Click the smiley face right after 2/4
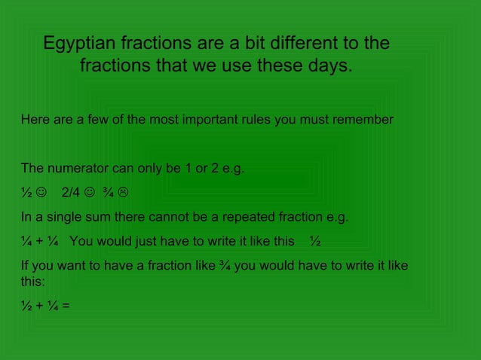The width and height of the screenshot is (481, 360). coord(90,193)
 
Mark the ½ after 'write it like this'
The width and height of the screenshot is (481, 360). coord(314,243)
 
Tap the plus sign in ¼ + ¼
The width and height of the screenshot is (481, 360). coord(38,243)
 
